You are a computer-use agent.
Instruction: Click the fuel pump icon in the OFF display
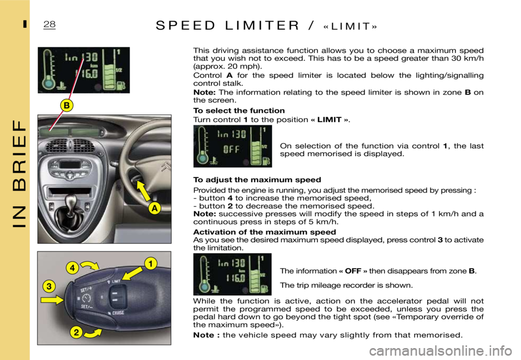click(266, 161)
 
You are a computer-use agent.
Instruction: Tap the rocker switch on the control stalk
click(116, 296)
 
